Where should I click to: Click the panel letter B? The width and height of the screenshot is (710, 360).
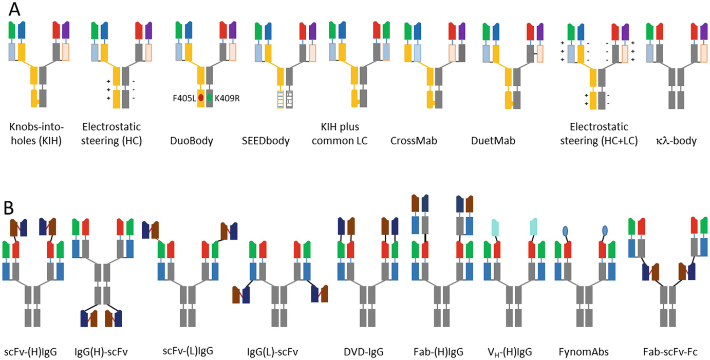coord(12,207)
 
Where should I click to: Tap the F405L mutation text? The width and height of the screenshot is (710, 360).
coord(184,97)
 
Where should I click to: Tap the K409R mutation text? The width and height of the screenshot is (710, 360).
coord(227,97)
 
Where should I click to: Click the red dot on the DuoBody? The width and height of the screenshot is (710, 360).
coord(201,97)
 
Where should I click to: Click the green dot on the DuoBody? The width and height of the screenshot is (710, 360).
coord(209,97)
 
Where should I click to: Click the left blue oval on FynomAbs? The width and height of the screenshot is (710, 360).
coord(565,231)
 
